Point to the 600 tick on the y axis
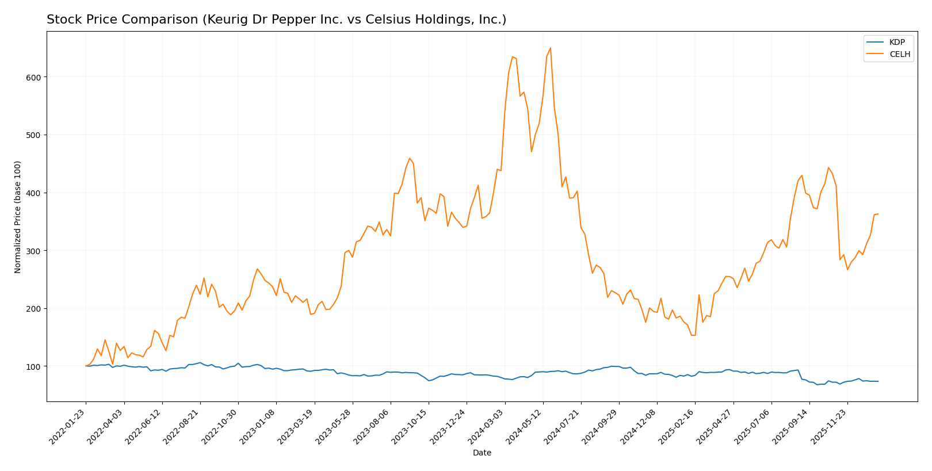36,77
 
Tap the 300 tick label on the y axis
36,251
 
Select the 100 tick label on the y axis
36,366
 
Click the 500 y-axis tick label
36,135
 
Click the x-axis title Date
482,453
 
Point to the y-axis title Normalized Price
18,217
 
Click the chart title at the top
276,20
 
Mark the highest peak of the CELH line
550,48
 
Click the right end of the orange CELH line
878,214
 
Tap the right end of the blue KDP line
878,381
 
